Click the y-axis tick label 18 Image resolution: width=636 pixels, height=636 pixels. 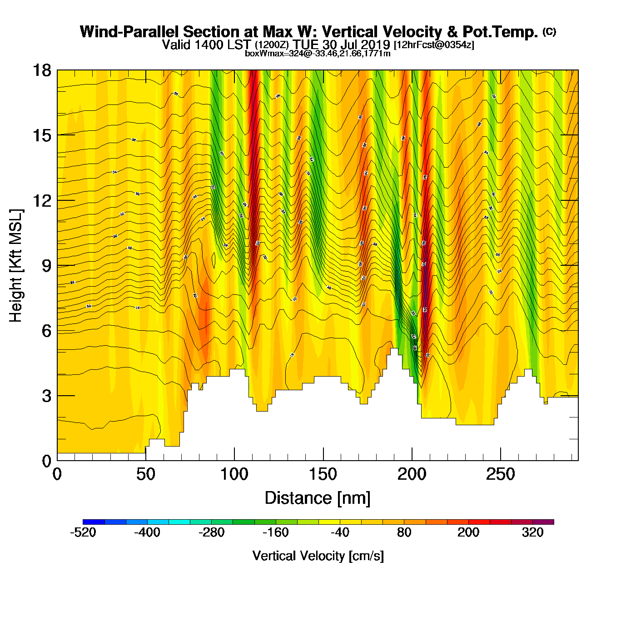(x=41, y=70)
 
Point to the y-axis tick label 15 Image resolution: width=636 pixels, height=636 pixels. (x=41, y=135)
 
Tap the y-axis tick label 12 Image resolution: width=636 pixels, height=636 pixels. (x=41, y=200)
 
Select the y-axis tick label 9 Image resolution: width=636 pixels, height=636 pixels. (x=46, y=266)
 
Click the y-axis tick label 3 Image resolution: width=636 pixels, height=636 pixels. (x=46, y=396)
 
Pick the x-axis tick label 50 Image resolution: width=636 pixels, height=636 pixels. (x=145, y=475)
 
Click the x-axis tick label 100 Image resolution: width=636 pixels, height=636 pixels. (x=234, y=475)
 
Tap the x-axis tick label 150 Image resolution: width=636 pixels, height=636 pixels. (x=323, y=475)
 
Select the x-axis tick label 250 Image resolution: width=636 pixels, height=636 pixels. (x=500, y=475)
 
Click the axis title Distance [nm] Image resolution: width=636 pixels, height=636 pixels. (x=318, y=498)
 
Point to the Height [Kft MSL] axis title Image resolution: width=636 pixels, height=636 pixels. (x=16, y=266)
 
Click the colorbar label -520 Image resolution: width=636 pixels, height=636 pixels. (x=83, y=532)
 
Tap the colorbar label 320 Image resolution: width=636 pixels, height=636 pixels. (x=532, y=532)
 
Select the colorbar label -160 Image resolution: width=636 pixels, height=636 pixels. (x=276, y=532)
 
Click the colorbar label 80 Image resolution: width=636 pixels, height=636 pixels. (x=404, y=532)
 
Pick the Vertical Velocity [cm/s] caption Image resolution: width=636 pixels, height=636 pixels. (x=318, y=556)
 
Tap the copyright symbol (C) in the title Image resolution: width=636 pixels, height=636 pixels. (x=549, y=31)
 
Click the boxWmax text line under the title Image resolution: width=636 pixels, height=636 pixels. (x=318, y=54)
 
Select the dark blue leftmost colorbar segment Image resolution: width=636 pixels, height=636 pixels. (x=94, y=522)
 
